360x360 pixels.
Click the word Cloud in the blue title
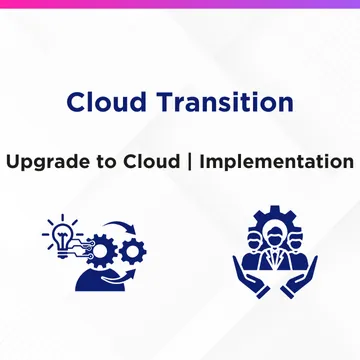pyautogui.click(x=107, y=101)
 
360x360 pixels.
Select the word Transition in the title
pyautogui.click(x=226, y=101)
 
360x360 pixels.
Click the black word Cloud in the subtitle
pyautogui.click(x=152, y=162)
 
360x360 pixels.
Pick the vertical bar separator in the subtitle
pyautogui.click(x=190, y=162)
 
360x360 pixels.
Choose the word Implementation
pyautogui.click(x=277, y=162)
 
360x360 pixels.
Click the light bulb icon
pyautogui.click(x=63, y=235)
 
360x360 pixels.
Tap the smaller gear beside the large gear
pyautogui.click(x=133, y=252)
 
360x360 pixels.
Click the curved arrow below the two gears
pyautogui.click(x=119, y=276)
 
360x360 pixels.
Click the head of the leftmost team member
pyautogui.click(x=256, y=241)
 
